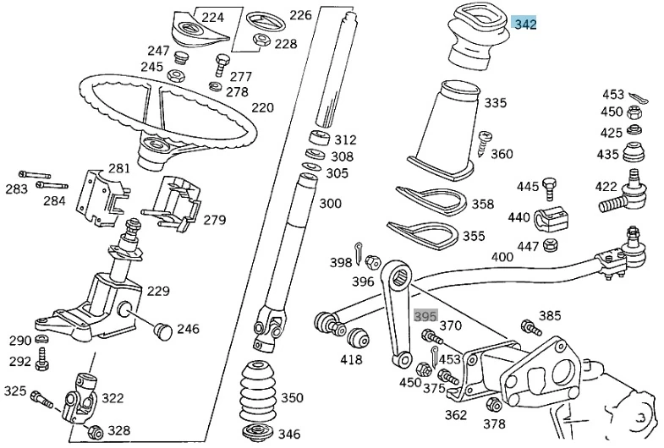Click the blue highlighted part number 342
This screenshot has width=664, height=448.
(x=524, y=24)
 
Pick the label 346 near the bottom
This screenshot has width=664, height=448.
(x=289, y=434)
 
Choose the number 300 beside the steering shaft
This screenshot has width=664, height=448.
(x=331, y=203)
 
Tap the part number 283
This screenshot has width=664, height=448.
(x=17, y=188)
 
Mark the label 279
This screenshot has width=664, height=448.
(x=215, y=220)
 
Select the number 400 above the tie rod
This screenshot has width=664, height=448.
(x=502, y=256)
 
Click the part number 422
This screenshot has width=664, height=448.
(x=606, y=187)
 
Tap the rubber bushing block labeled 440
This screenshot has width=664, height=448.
(x=547, y=218)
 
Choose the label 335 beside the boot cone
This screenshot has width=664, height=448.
(x=496, y=103)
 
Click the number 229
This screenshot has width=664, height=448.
(x=158, y=291)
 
